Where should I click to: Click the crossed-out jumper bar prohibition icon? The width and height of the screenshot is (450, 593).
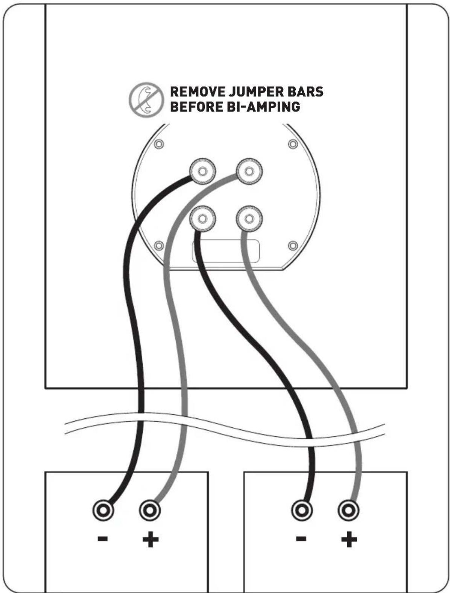pos(146,100)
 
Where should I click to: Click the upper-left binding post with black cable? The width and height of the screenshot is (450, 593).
pos(202,171)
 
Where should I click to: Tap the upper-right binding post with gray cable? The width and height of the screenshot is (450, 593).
pos(249,171)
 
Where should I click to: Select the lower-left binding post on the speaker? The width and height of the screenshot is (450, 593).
pos(202,218)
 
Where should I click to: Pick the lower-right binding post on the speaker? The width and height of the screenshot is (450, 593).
pos(249,218)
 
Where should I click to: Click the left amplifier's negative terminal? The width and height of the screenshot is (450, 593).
pos(103,511)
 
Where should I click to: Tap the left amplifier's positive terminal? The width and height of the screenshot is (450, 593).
pos(150,511)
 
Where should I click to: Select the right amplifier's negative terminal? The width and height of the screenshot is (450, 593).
pos(302,511)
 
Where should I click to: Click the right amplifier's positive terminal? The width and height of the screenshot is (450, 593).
pos(348,511)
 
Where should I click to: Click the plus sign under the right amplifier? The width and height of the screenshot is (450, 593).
pos(349,540)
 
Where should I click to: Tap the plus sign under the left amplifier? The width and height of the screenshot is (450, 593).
pos(150,540)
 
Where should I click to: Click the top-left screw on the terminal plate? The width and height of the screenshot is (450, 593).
pos(159,144)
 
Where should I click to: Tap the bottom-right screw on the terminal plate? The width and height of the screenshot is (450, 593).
pos(293,246)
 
